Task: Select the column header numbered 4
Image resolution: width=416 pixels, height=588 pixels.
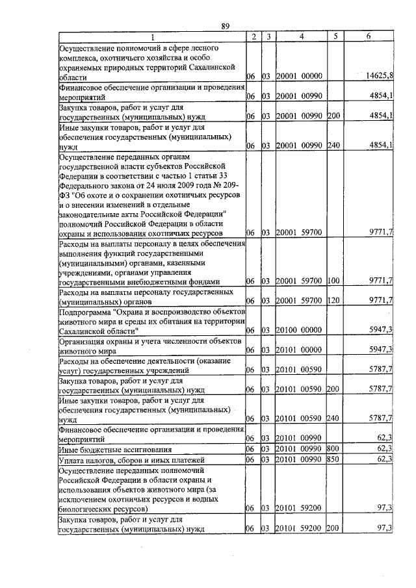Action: click(301, 36)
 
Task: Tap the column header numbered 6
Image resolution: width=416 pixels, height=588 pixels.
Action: click(368, 36)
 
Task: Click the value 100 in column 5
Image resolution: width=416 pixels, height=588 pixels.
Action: click(333, 281)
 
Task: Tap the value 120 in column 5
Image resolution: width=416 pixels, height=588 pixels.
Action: click(333, 301)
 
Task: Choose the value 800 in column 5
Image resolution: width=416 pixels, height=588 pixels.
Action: click(333, 449)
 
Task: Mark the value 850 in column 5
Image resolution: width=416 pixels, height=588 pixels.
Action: click(333, 459)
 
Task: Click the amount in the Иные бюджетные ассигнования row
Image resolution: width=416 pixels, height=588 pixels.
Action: click(383, 449)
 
